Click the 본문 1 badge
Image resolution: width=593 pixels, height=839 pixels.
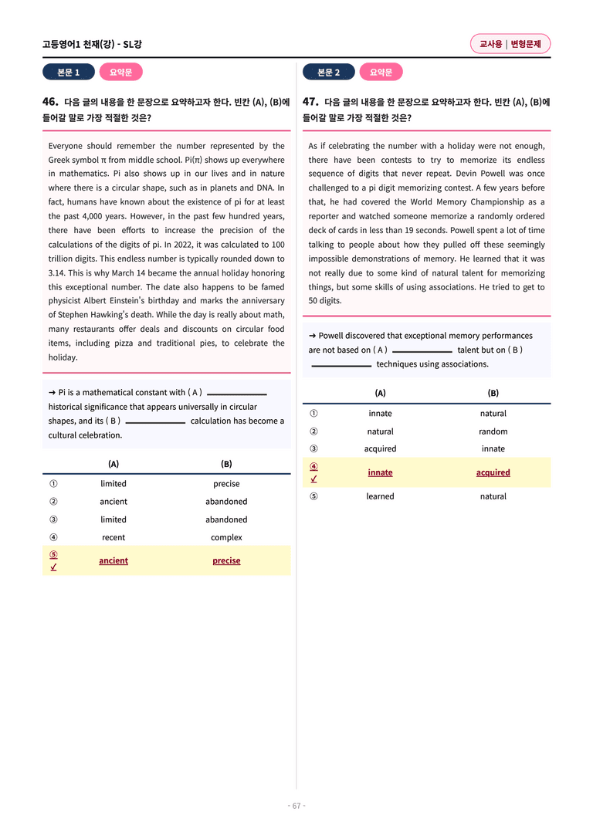coord(69,73)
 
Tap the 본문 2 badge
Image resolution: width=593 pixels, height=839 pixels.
coord(328,73)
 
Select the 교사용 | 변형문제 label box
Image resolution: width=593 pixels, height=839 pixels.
coord(510,45)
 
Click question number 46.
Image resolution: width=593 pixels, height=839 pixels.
coord(50,101)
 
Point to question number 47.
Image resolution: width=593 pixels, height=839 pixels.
coord(310,101)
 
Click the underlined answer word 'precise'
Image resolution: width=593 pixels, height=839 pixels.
coord(226,560)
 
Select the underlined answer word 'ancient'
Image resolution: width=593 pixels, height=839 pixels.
coord(114,560)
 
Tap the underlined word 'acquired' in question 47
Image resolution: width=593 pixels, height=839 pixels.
coord(493,472)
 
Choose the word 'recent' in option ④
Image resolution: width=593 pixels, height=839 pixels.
coord(114,537)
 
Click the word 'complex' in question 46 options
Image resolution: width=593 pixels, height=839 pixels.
coord(226,537)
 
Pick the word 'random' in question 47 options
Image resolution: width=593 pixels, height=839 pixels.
coord(493,431)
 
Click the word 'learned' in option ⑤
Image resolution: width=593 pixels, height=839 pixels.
coord(380,496)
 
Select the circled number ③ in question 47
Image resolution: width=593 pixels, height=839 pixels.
coord(313,448)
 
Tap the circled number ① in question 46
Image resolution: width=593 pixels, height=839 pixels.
coord(53,484)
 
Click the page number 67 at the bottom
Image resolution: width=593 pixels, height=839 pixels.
coord(296,806)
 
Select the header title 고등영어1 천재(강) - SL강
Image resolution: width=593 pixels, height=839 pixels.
coord(92,45)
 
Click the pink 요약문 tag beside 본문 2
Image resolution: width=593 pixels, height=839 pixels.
coord(381,73)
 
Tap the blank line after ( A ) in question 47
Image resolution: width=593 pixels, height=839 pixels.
coord(422,351)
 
